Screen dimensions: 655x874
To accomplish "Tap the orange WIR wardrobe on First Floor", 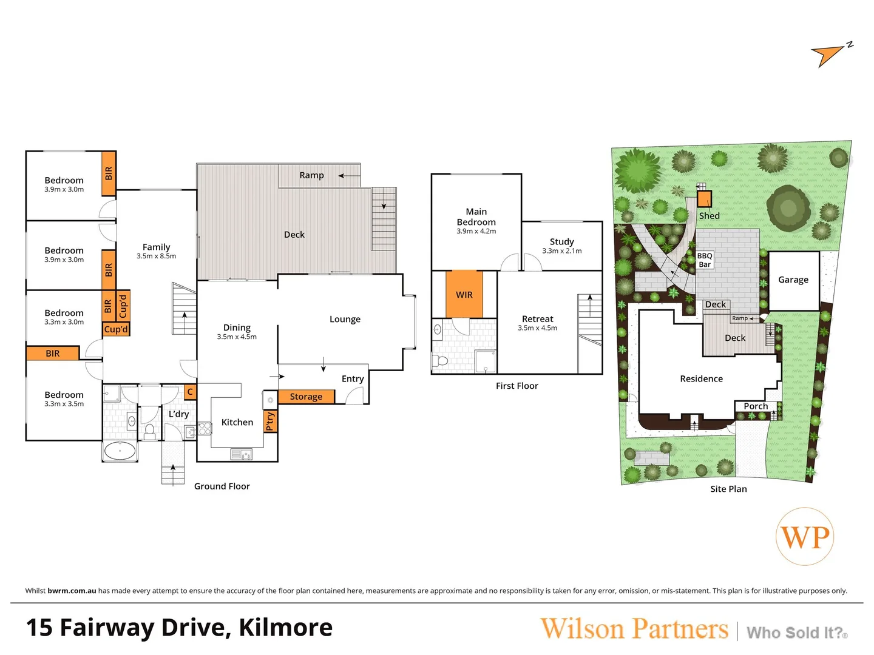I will click(464, 294).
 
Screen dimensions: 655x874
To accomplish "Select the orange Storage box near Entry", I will click(306, 397).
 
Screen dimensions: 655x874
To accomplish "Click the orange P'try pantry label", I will click(271, 421).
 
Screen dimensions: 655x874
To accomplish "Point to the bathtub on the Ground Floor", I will click(120, 451).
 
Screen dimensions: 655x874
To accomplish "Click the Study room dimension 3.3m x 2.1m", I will click(561, 250).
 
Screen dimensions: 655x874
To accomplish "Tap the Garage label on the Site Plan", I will click(793, 280).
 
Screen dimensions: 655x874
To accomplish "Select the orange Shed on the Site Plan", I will click(704, 200).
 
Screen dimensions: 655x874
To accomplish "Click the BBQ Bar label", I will click(705, 260).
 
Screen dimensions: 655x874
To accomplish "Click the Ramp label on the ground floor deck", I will click(311, 175).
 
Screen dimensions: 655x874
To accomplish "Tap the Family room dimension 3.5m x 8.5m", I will click(156, 256).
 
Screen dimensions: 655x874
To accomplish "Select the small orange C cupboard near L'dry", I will click(190, 392).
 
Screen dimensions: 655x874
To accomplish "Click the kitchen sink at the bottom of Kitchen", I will click(242, 454).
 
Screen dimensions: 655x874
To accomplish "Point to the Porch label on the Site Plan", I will click(756, 406).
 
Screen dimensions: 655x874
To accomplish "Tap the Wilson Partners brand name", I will click(634, 629).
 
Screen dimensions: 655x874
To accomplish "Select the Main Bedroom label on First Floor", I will click(476, 217).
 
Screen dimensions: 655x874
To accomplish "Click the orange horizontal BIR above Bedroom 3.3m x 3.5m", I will click(53, 353).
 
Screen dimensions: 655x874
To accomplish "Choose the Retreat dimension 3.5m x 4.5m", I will click(537, 328).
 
